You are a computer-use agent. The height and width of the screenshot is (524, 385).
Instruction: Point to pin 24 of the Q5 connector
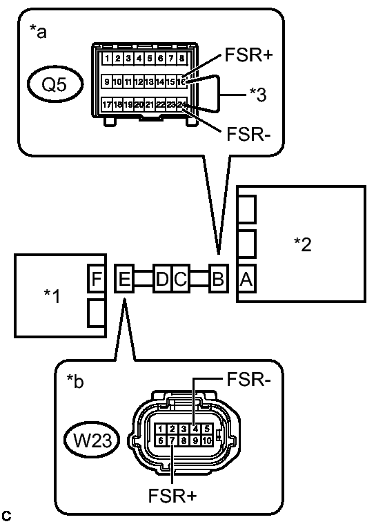click(181, 105)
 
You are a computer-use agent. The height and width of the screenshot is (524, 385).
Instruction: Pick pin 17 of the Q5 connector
click(107, 105)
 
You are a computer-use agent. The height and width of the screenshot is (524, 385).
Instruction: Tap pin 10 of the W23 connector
click(206, 440)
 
